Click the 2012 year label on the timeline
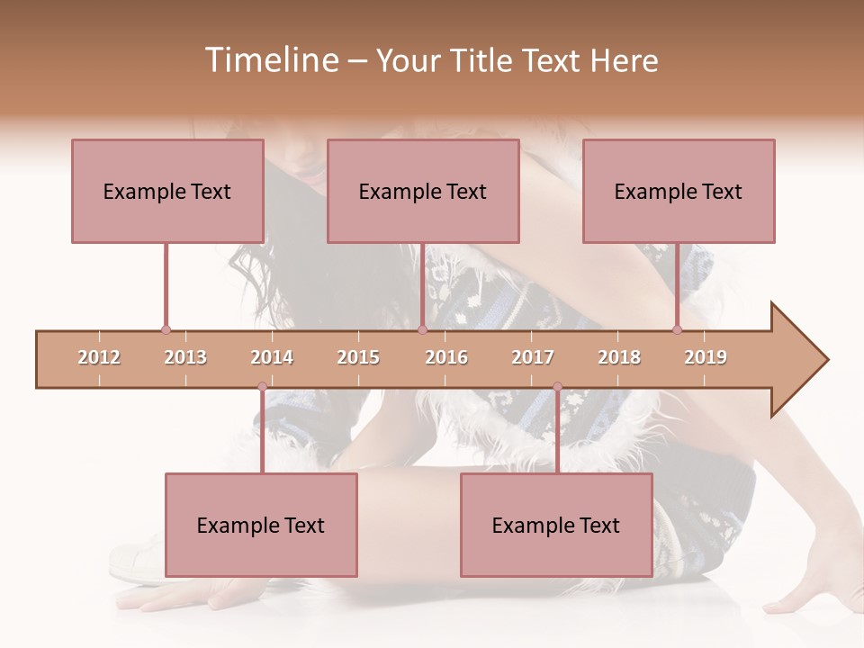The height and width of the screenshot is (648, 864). tap(99, 357)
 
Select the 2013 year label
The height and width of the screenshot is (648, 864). tap(185, 357)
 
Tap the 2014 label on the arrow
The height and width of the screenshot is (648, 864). tap(272, 357)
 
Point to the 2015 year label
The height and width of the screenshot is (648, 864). tap(358, 357)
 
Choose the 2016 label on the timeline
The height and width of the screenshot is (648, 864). tap(446, 357)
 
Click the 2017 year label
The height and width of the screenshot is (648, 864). tap(533, 357)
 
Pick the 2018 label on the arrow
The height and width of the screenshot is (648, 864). tap(619, 357)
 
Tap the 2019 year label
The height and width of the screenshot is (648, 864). tap(706, 357)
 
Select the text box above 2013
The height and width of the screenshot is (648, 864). tap(167, 191)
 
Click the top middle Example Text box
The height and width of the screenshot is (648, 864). tap(423, 191)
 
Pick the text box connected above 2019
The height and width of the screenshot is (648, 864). tap(679, 191)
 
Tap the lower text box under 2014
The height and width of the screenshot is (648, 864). tap(261, 525)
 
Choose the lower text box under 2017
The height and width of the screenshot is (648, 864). tap(556, 525)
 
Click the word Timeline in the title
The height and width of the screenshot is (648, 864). tap(269, 60)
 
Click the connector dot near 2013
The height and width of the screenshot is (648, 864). tap(166, 330)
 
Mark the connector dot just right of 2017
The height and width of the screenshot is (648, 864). tap(557, 387)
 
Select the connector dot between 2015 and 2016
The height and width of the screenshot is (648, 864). tap(422, 330)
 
